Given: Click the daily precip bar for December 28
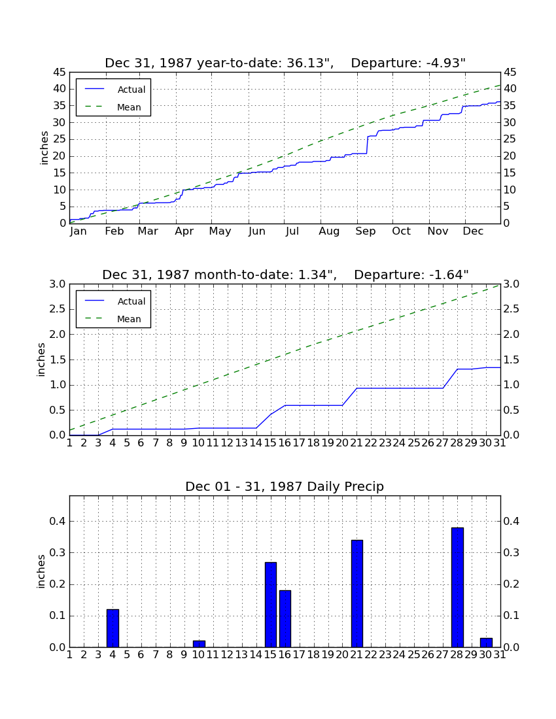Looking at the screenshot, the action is (x=457, y=588).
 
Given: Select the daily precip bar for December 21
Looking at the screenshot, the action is (x=357, y=594).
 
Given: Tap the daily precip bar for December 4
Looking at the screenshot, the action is (x=113, y=628).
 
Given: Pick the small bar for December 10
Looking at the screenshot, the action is (x=199, y=644).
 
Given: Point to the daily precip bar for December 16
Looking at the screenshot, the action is (x=285, y=619).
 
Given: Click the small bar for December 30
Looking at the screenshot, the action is (x=486, y=643).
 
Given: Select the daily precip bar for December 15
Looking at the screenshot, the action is (x=271, y=605).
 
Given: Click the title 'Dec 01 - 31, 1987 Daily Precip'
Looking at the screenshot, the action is (x=285, y=486).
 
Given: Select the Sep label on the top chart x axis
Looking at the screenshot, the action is (x=365, y=231).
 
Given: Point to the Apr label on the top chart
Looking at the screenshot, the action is (x=184, y=231).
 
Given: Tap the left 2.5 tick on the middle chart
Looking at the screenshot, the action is (x=58, y=309).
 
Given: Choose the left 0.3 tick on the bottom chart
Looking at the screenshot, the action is (x=58, y=552).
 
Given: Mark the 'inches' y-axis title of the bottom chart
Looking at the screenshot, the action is (x=41, y=571).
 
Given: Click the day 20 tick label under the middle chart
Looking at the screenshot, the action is (x=342, y=443).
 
